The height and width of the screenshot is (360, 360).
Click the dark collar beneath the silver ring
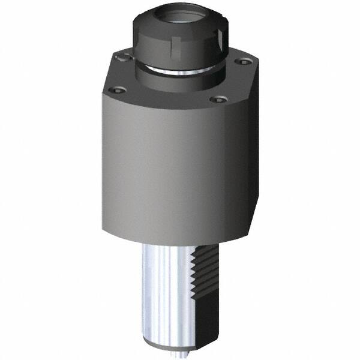180,84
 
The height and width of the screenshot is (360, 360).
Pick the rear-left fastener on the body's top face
124,58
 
